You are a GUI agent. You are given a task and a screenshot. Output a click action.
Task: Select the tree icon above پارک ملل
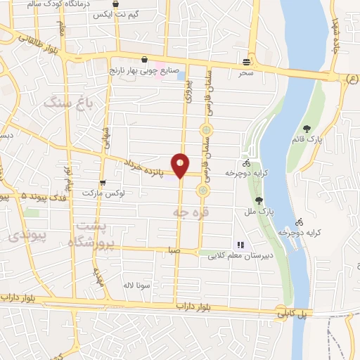point(259,200)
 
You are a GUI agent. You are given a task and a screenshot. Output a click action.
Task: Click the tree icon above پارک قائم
point(307,128)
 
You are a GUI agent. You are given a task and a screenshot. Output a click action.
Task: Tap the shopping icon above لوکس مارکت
point(103,183)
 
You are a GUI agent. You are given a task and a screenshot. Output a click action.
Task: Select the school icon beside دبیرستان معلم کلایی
point(240,245)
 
